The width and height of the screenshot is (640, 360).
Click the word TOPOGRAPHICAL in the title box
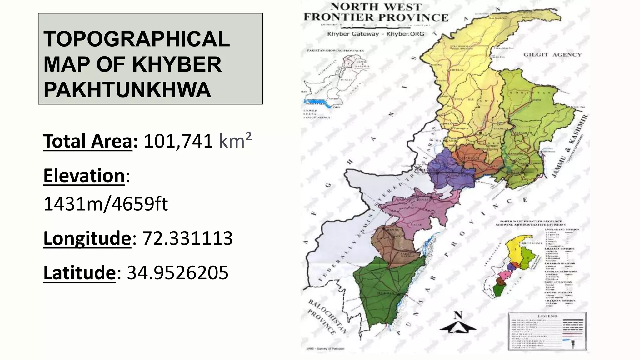click(137, 39)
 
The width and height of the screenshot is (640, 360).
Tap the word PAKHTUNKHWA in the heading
click(127, 90)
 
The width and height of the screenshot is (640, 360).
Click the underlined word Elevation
click(84, 175)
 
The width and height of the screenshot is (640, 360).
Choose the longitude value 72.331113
click(187, 238)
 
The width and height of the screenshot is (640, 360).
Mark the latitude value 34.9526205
click(177, 272)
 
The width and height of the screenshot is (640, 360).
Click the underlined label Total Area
click(88, 141)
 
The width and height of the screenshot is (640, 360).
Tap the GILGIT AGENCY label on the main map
click(552, 55)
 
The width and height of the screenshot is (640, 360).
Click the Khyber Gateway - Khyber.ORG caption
click(376, 34)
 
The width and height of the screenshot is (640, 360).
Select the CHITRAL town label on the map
click(457, 70)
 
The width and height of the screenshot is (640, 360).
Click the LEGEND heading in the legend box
click(547, 316)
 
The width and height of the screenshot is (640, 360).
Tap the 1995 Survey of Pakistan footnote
click(323, 349)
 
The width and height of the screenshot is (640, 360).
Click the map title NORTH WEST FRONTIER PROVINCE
click(376, 12)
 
